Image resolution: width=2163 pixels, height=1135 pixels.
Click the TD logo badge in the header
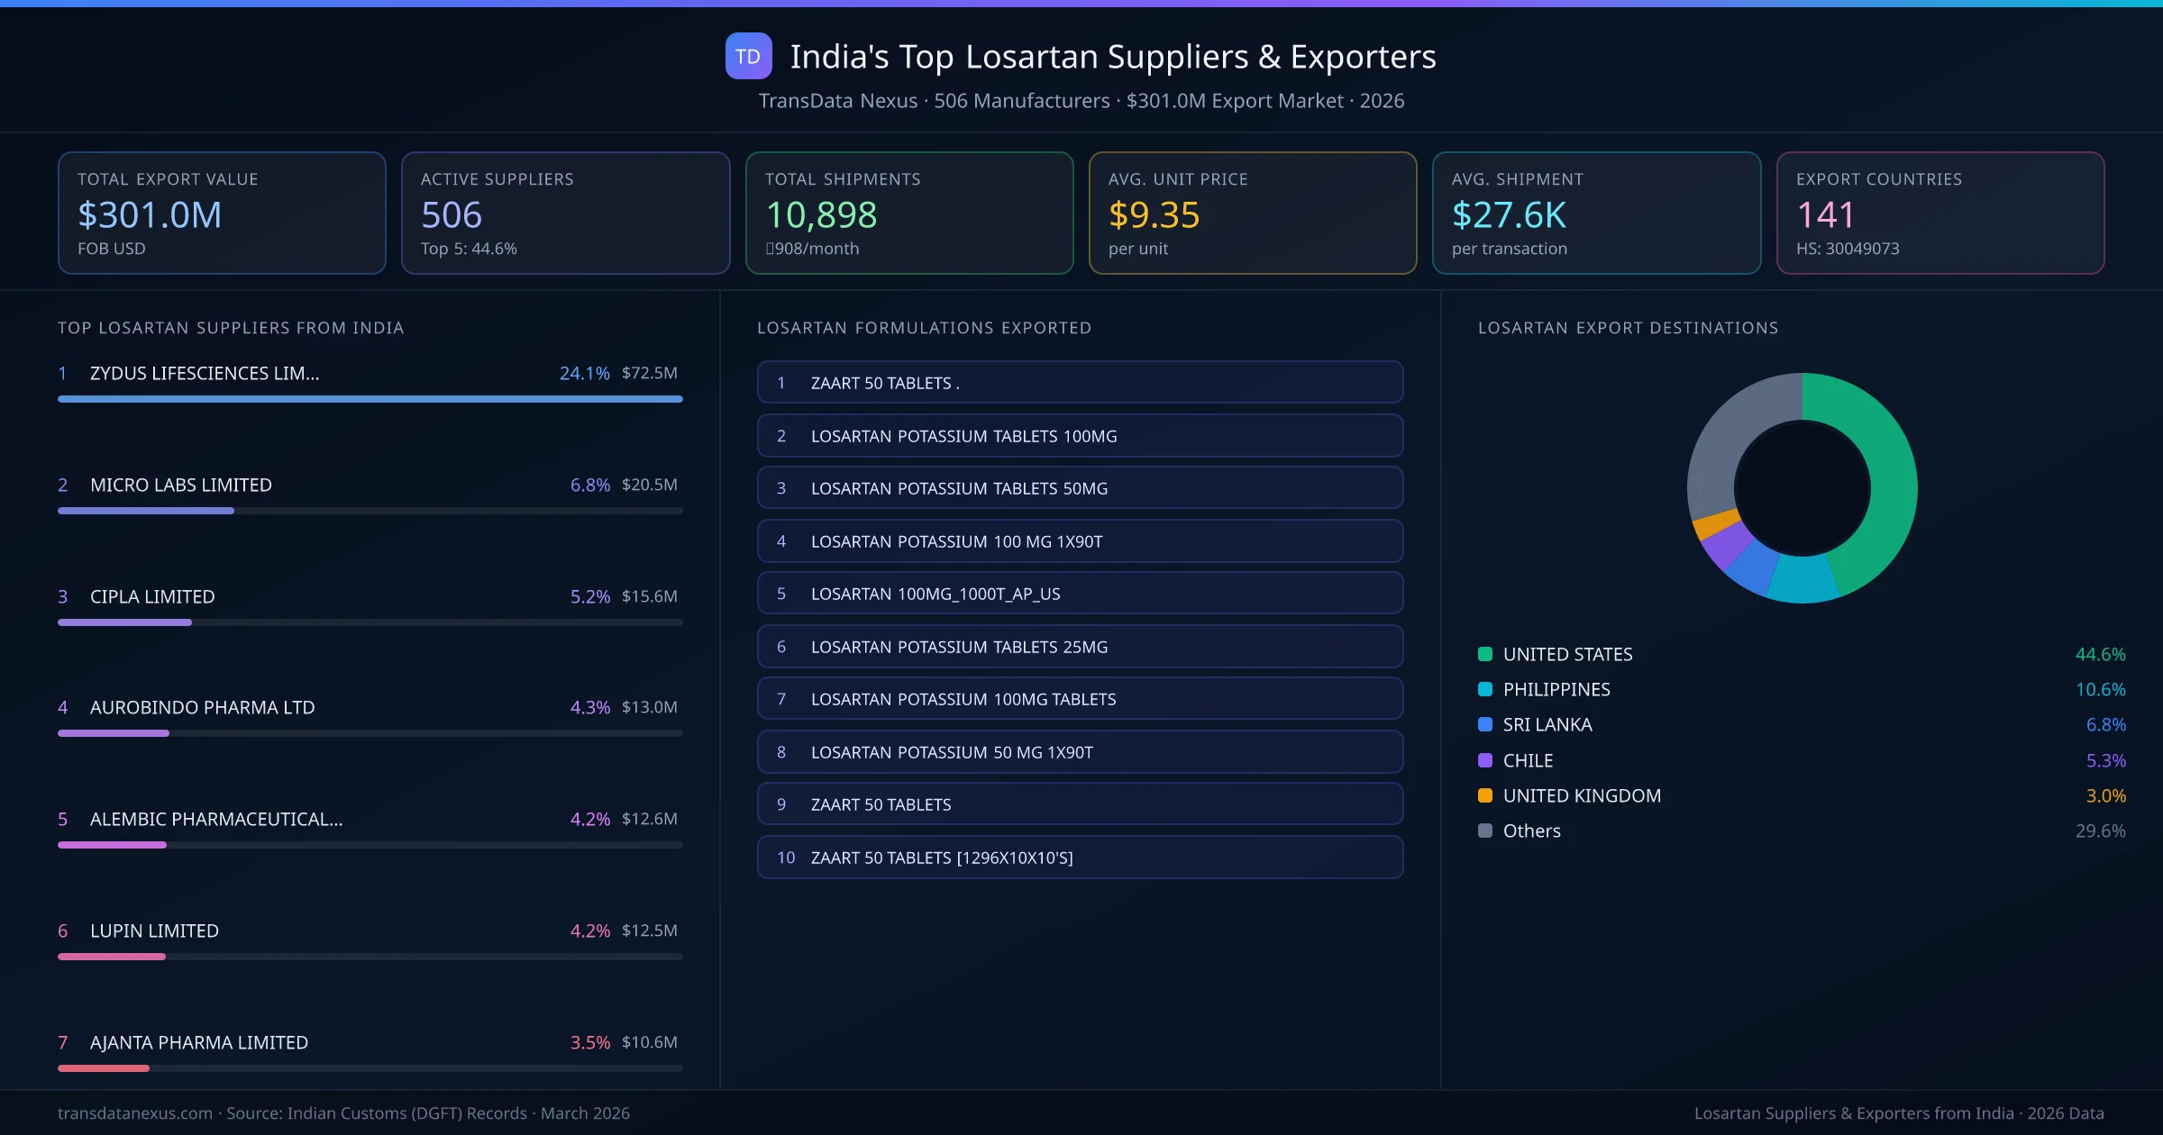pyautogui.click(x=748, y=56)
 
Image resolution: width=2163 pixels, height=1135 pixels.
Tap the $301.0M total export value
pyautogui.click(x=150, y=215)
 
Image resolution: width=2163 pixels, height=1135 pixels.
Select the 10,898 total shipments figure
pyautogui.click(x=821, y=215)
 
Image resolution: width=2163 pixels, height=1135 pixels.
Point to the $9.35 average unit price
pyautogui.click(x=1154, y=215)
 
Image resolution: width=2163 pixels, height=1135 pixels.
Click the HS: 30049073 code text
pyautogui.click(x=1847, y=249)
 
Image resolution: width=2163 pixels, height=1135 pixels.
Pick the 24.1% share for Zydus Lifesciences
pyautogui.click(x=584, y=373)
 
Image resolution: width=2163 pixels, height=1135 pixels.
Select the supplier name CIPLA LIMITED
pyautogui.click(x=152, y=596)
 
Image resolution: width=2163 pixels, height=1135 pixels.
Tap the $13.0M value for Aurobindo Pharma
pyautogui.click(x=649, y=707)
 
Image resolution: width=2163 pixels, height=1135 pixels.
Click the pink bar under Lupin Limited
pyautogui.click(x=112, y=957)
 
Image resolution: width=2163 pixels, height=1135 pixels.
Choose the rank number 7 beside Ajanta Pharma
pyautogui.click(x=63, y=1042)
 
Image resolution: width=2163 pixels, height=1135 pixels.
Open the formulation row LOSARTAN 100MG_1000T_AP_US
pyautogui.click(x=1080, y=594)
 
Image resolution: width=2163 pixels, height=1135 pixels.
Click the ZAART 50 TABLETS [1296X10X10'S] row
pyautogui.click(x=1080, y=858)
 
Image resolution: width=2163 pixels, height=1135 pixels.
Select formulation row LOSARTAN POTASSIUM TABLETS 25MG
pyautogui.click(x=1080, y=647)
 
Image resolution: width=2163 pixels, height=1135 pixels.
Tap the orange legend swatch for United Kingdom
pyautogui.click(x=1485, y=795)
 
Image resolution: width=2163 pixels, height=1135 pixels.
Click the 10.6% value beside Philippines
pyautogui.click(x=2100, y=689)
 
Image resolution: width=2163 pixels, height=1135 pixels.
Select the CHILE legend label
pyautogui.click(x=1528, y=760)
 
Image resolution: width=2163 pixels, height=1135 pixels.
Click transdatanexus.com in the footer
pyautogui.click(x=135, y=1113)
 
